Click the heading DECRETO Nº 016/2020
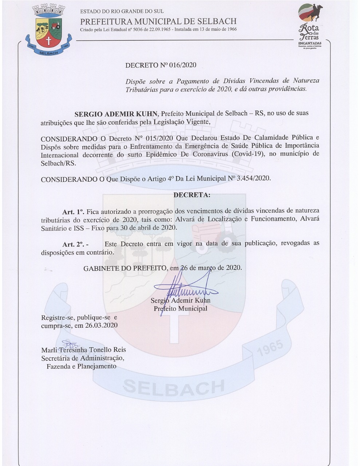[161, 65]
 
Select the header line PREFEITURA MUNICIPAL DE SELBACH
[158, 21]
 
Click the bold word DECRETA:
[192, 195]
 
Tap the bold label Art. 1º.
[73, 212]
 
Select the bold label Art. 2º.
[74, 244]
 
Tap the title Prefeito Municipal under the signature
[180, 309]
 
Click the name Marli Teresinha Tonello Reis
[83, 349]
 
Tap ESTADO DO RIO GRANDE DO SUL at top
[122, 12]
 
